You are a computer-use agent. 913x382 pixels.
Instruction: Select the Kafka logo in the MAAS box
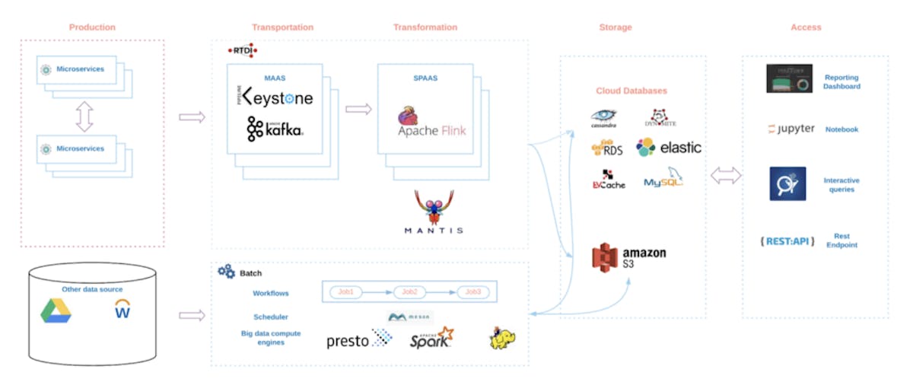(x=275, y=130)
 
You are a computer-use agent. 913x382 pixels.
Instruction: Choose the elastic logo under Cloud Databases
(x=669, y=148)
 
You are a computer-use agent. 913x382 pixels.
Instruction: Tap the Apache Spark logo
(x=431, y=339)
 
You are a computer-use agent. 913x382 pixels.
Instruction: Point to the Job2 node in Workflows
(x=410, y=292)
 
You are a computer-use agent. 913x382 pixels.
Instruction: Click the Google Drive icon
(x=57, y=310)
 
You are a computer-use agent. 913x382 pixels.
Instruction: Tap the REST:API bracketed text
(x=787, y=241)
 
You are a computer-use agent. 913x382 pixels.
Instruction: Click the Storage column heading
(x=615, y=27)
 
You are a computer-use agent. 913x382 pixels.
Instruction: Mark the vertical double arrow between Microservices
(x=84, y=116)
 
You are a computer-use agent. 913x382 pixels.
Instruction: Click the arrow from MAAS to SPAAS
(x=358, y=109)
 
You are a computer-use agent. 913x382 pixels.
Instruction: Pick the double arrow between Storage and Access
(x=725, y=176)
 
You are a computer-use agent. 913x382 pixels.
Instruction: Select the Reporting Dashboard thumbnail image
(x=789, y=79)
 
